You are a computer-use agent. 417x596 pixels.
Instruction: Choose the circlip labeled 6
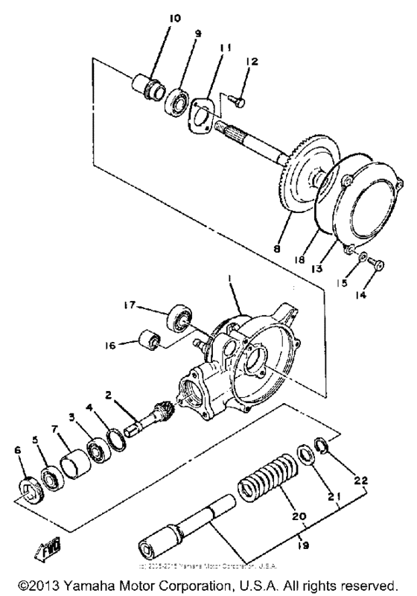[x=29, y=489]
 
